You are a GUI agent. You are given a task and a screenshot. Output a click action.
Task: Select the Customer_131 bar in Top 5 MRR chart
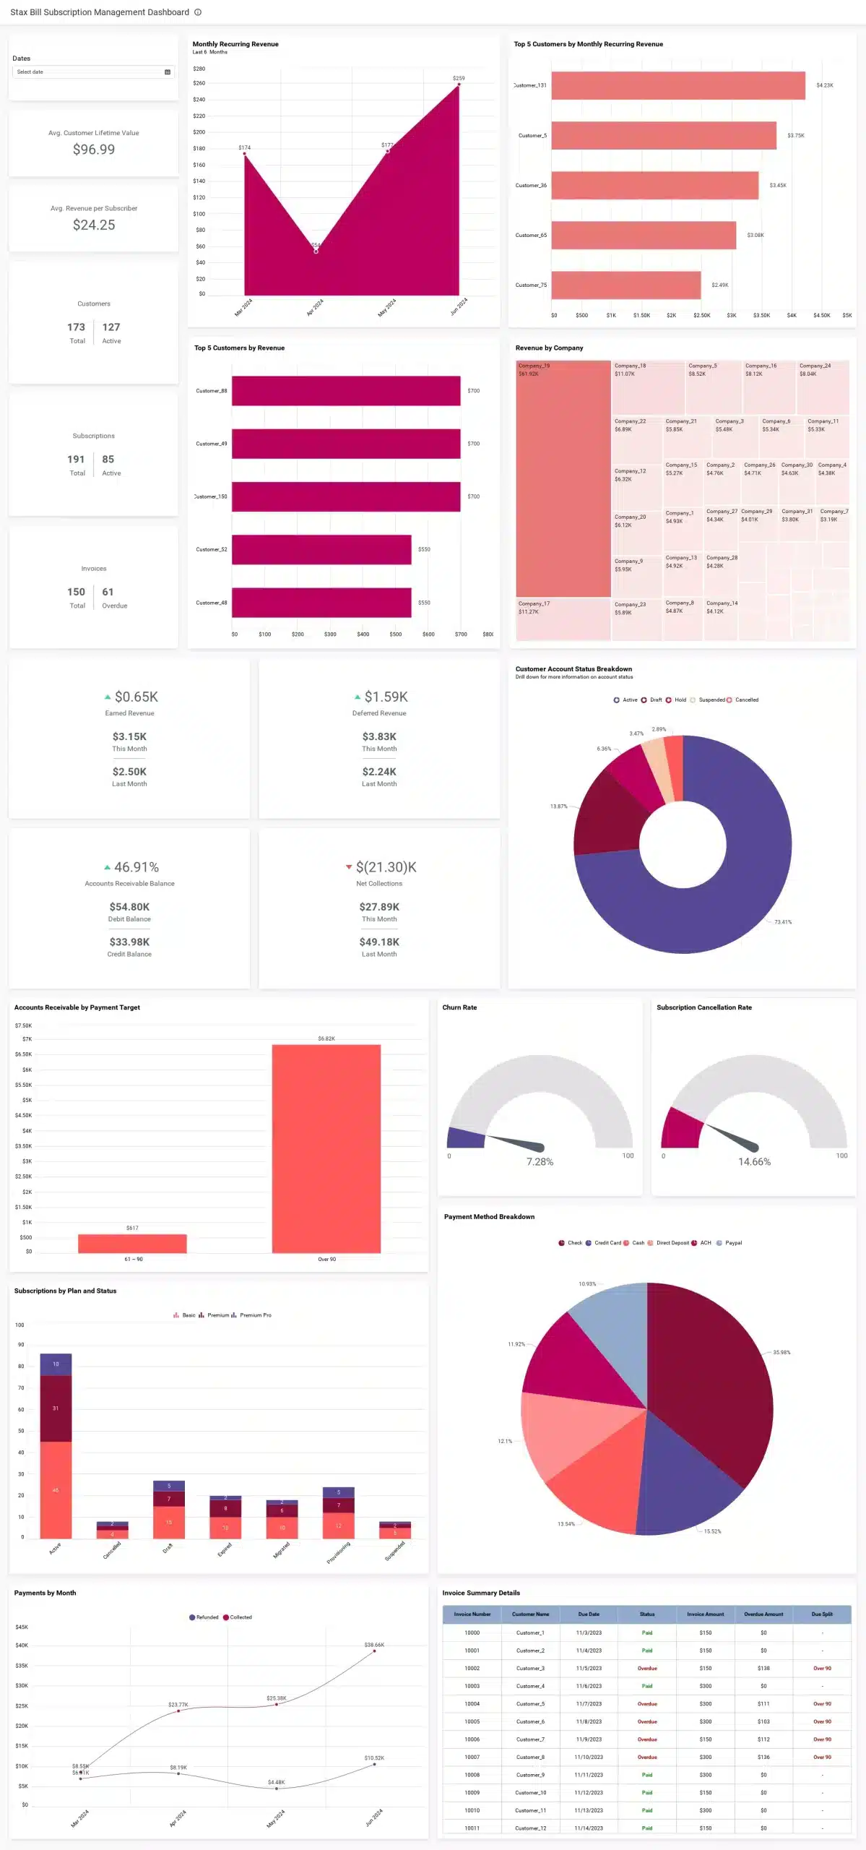pyautogui.click(x=677, y=85)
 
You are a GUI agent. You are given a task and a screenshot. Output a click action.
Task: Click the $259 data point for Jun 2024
pyautogui.click(x=459, y=85)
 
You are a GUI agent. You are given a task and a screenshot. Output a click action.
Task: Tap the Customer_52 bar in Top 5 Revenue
pyautogui.click(x=321, y=549)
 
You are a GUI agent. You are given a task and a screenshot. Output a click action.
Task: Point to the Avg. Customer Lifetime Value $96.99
pyautogui.click(x=94, y=150)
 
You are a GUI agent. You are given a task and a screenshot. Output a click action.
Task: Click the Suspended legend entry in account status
pyautogui.click(x=711, y=700)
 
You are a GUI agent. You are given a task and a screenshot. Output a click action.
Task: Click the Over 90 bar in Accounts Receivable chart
pyautogui.click(x=326, y=1149)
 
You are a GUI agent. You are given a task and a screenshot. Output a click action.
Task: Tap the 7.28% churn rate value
pyautogui.click(x=540, y=1162)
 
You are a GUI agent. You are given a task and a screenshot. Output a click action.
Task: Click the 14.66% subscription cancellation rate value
pyautogui.click(x=754, y=1162)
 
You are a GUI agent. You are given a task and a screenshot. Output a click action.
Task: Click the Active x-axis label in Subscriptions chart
pyautogui.click(x=55, y=1548)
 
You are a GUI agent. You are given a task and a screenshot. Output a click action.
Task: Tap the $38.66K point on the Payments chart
pyautogui.click(x=374, y=1651)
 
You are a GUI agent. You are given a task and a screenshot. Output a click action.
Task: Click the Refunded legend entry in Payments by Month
pyautogui.click(x=207, y=1617)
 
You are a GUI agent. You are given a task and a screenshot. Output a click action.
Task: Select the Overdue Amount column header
pyautogui.click(x=763, y=1614)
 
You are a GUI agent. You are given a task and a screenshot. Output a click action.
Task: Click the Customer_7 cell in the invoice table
pyautogui.click(x=530, y=1739)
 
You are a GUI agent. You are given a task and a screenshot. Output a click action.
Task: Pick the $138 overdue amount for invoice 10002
pyautogui.click(x=763, y=1669)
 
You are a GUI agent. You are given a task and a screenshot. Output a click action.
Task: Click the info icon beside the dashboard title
pyautogui.click(x=198, y=12)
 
